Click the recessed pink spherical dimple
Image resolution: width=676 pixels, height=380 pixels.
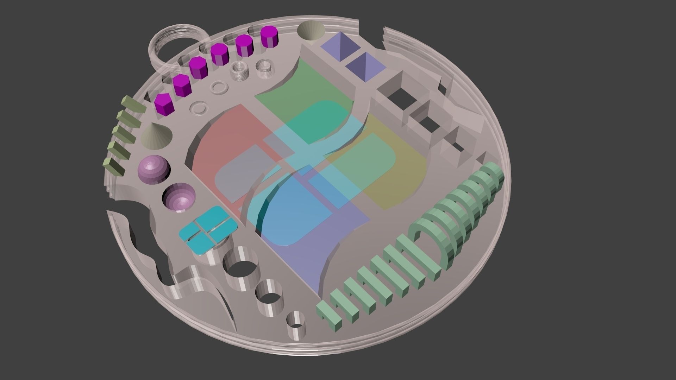[x=179, y=198]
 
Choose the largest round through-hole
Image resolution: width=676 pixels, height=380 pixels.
[x=239, y=267]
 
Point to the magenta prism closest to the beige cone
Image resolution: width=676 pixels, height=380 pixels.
[x=164, y=104]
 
